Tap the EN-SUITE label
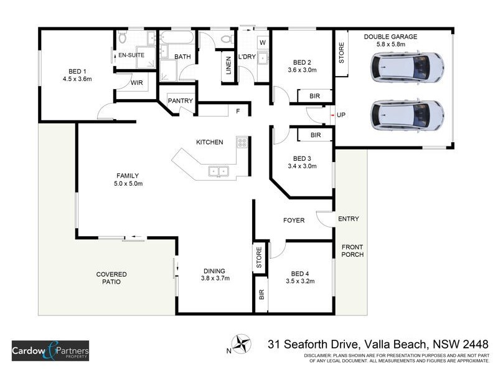point(131,55)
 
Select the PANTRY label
point(181,101)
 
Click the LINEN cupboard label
point(228,66)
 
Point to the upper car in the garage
point(407,67)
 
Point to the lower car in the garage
point(407,115)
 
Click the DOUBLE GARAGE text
point(390,37)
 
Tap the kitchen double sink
point(218,170)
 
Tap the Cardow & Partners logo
point(50,351)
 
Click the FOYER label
point(293,220)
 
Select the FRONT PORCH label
point(352,250)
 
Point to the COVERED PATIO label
point(111,278)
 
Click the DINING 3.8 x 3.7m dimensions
point(215,279)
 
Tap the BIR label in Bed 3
point(315,135)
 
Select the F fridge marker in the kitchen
point(237,112)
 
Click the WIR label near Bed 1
point(137,83)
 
